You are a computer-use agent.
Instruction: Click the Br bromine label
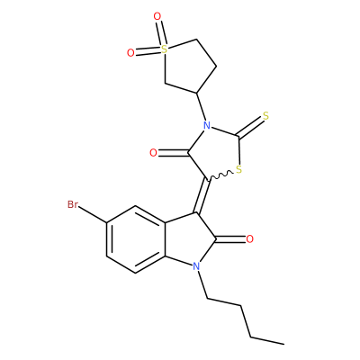[73, 204]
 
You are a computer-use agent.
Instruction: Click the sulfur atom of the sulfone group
[164, 49]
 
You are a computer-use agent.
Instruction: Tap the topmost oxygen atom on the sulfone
[157, 16]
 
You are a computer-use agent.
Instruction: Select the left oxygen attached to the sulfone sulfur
[130, 53]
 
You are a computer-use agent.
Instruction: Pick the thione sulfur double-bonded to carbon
[265, 116]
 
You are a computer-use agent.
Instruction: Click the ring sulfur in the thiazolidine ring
[238, 170]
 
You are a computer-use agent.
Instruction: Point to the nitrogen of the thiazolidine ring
[206, 126]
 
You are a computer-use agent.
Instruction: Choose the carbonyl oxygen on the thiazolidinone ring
[153, 153]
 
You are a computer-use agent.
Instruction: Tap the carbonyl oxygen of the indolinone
[249, 239]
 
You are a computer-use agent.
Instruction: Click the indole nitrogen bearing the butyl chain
[196, 266]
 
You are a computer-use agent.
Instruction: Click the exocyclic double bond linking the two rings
[202, 196]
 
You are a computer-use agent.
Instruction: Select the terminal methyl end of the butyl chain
[283, 344]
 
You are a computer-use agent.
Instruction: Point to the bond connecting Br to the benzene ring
[93, 214]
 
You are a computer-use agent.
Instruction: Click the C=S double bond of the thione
[250, 127]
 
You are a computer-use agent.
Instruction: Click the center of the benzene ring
[136, 239]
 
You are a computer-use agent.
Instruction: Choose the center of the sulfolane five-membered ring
[185, 66]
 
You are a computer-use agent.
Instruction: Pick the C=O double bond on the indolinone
[231, 239]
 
